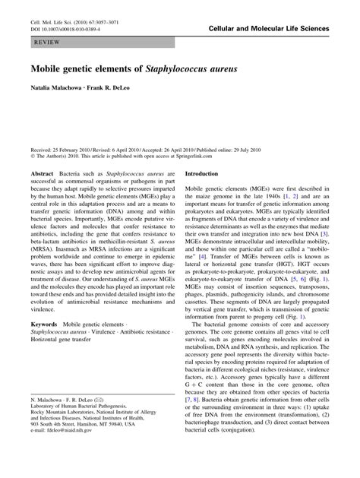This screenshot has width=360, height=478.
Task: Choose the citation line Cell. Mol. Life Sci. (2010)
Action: pyautogui.click(x=76, y=21)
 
